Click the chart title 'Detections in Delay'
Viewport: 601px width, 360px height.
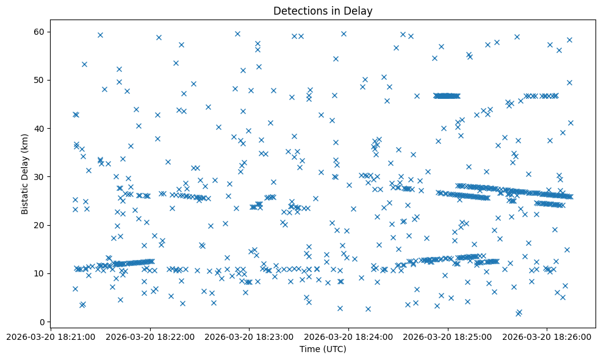pos(322,11)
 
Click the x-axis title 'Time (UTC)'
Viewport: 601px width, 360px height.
pos(322,349)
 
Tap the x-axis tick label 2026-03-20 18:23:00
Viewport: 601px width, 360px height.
pos(249,337)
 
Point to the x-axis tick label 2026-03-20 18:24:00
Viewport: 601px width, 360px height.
pos(348,337)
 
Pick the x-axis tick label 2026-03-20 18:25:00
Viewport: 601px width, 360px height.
pos(448,337)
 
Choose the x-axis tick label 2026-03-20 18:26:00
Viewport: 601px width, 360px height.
pos(547,337)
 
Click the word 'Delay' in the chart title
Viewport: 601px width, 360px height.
pos(359,11)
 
